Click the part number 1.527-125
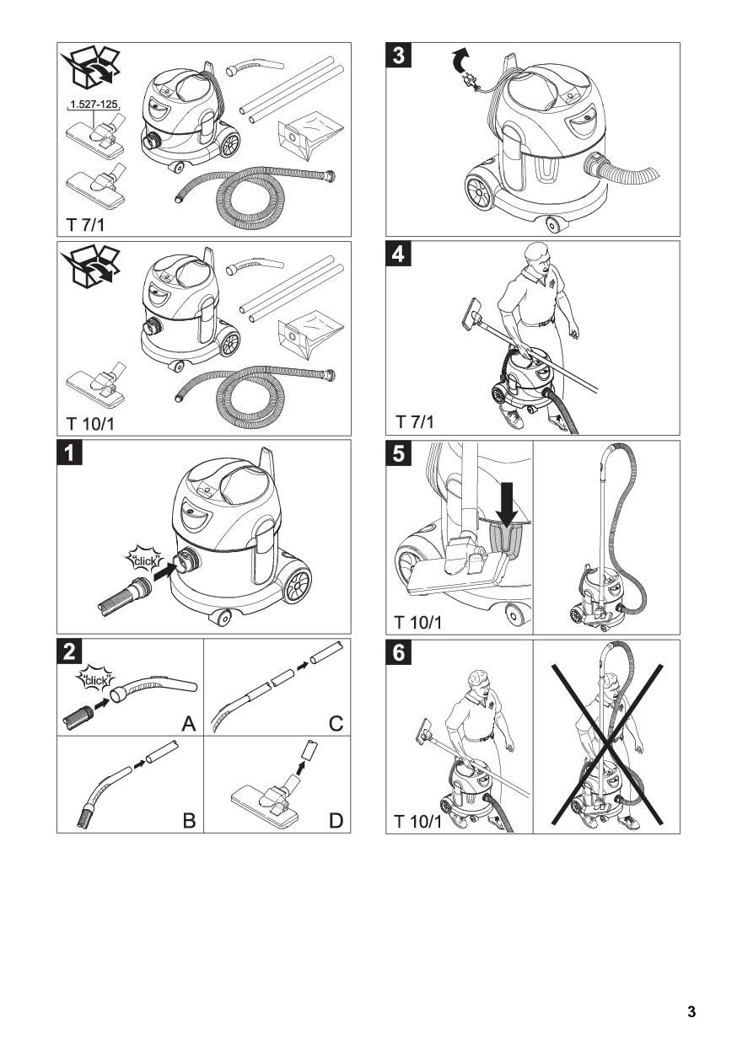coord(94,104)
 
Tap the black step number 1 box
coord(69,453)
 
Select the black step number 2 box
coord(69,651)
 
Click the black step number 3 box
coord(399,55)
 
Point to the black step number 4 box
coord(399,254)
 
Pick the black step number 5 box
coord(399,453)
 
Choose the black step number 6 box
coord(399,652)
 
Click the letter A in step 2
coord(189,724)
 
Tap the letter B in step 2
coord(189,821)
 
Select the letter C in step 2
coord(336,724)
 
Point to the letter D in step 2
coord(336,821)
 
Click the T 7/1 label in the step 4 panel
coord(415,421)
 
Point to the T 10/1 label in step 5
coord(417,622)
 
